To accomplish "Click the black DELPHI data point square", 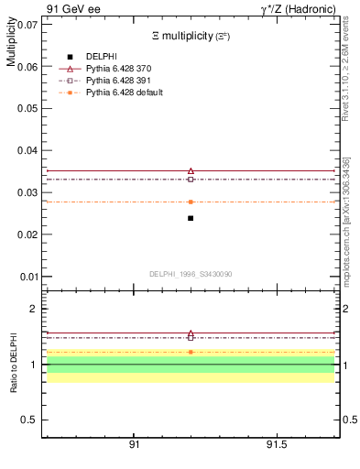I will [191, 218].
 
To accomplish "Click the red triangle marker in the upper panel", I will [191, 170].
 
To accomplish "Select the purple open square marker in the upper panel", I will [191, 180].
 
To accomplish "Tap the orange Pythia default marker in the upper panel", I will [191, 202].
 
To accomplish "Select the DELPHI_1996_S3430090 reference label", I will [190, 274].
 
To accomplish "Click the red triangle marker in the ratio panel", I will [191, 334].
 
